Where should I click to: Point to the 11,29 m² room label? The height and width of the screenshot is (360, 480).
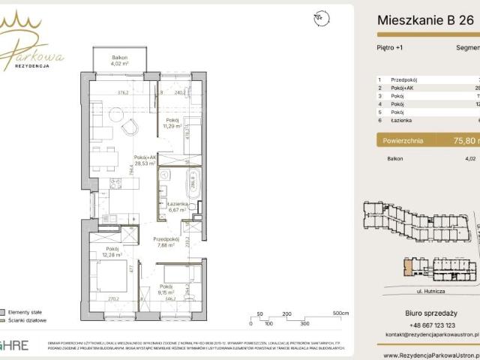click(172, 124)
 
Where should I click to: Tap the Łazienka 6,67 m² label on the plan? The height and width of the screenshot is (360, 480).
click(178, 207)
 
